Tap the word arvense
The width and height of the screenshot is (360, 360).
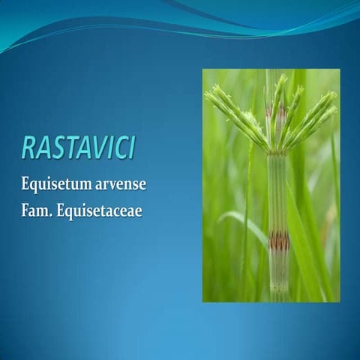[115, 184]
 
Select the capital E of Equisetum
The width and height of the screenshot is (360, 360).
[26, 183]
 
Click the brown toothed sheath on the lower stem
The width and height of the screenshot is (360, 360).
[279, 241]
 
